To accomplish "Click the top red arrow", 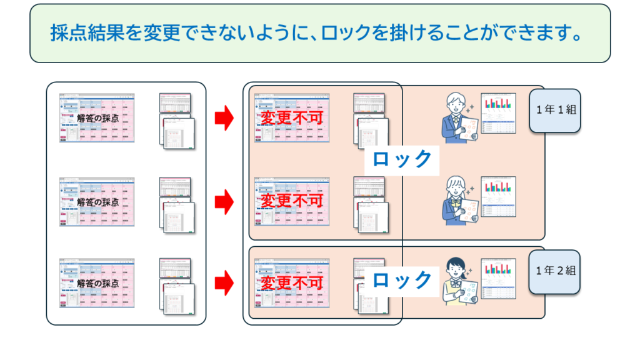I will pyautogui.click(x=224, y=118).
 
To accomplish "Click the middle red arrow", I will pyautogui.click(x=224, y=201).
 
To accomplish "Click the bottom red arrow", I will pyautogui.click(x=224, y=284).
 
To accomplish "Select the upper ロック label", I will pyautogui.click(x=402, y=159).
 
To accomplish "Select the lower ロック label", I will pyautogui.click(x=402, y=279).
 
